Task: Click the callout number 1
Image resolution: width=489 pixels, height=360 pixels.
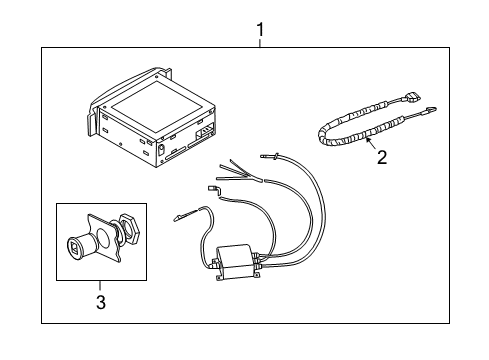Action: [260, 30]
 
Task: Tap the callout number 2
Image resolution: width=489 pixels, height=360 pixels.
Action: [382, 157]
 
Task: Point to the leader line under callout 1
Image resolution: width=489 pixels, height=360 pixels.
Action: [260, 44]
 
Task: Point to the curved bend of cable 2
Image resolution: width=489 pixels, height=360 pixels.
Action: [324, 135]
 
